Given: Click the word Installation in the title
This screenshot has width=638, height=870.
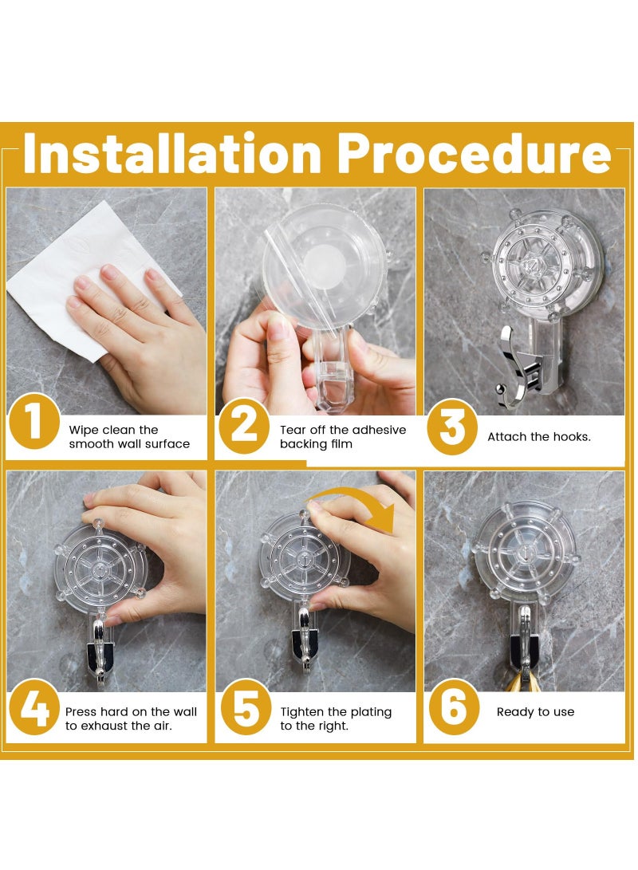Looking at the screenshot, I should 171,154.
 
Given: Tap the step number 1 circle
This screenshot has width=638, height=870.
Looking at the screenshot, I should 33,422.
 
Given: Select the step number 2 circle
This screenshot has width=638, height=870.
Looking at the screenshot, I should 243,427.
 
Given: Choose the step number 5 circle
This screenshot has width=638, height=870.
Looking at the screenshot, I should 244,707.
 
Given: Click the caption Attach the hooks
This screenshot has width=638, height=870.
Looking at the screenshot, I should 539,437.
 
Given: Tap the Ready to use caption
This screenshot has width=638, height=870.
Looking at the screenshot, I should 535,712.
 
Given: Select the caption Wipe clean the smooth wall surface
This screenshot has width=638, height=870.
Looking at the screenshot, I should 129,437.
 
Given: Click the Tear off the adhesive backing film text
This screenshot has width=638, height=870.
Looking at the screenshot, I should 343,436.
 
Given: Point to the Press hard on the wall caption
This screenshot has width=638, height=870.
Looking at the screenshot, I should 131,718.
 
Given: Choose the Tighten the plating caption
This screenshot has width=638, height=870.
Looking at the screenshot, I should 336,718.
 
